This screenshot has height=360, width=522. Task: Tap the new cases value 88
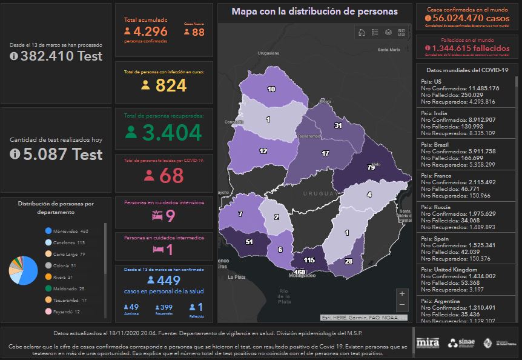pyautogui.click(x=198, y=32)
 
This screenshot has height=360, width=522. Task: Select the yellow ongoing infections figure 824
pyautogui.click(x=171, y=85)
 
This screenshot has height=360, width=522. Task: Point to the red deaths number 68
pyautogui.click(x=171, y=176)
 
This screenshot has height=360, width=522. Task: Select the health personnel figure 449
pyautogui.click(x=168, y=280)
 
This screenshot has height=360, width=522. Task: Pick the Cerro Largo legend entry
pyautogui.click(x=69, y=254)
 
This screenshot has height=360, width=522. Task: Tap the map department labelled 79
pyautogui.click(x=371, y=167)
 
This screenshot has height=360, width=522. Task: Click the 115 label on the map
pyautogui.click(x=309, y=260)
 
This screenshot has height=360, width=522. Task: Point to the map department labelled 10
pyautogui.click(x=271, y=89)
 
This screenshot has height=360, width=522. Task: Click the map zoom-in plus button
pyautogui.click(x=402, y=293)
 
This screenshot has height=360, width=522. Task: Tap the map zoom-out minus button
pyautogui.click(x=402, y=305)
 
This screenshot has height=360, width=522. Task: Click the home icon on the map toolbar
pyautogui.click(x=362, y=32)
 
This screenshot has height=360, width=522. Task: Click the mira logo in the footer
pyautogui.click(x=428, y=343)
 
